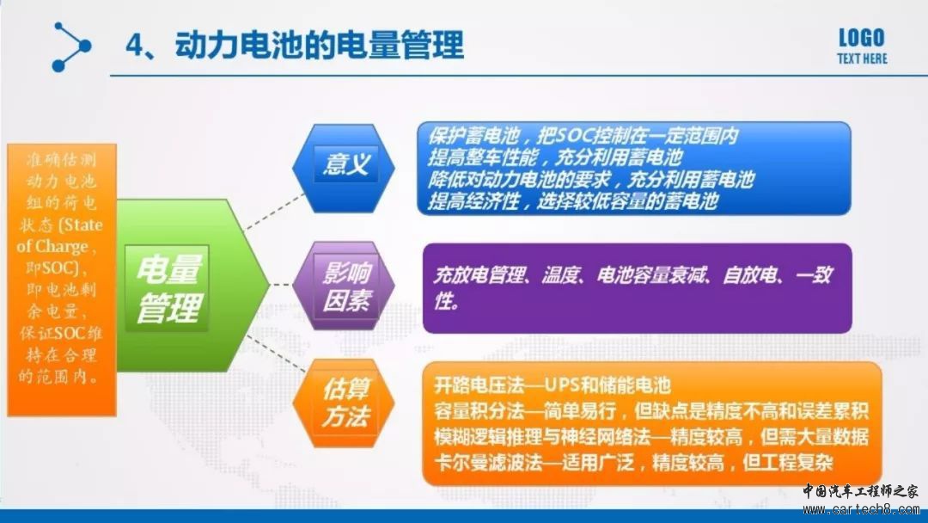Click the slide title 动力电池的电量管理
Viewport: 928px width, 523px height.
[x=320, y=45]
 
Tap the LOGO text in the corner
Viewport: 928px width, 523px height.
[x=862, y=39]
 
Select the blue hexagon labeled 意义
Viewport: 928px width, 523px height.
[x=344, y=169]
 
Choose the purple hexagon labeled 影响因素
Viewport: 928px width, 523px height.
[x=344, y=286]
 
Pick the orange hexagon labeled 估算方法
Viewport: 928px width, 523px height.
[x=344, y=403]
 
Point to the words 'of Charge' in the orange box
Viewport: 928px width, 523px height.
[x=52, y=246]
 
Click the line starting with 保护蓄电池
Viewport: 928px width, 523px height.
[x=583, y=136]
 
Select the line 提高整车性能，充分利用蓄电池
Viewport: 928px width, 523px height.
[x=555, y=157]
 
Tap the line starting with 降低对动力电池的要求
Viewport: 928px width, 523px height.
[x=591, y=180]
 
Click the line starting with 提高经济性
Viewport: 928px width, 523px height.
[x=573, y=201]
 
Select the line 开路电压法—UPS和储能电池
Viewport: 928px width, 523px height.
[x=553, y=385]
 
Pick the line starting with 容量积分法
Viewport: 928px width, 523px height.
[x=651, y=410]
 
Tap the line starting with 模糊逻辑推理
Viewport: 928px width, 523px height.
[x=651, y=436]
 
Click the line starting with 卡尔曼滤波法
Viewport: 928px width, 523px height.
[x=633, y=462]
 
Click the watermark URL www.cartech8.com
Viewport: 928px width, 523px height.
[x=860, y=508]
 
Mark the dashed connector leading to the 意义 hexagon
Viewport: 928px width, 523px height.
[x=274, y=212]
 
